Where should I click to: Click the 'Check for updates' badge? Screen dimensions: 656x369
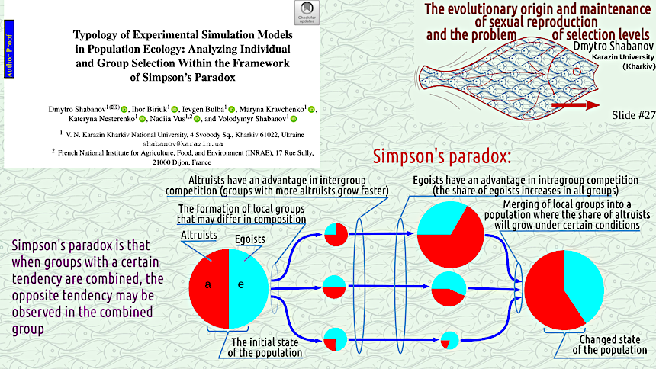click(307, 12)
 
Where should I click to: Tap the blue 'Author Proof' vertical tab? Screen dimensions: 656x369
click(9, 49)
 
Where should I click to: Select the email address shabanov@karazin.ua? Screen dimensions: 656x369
click(182, 143)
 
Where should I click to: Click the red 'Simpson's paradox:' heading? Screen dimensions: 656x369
click(442, 156)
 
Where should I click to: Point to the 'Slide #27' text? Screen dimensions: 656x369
click(633, 115)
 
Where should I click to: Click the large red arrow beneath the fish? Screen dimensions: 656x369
click(576, 105)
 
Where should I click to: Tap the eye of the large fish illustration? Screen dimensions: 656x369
click(577, 72)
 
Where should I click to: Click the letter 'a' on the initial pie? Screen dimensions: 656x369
click(208, 285)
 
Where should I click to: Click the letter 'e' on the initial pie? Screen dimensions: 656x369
click(240, 284)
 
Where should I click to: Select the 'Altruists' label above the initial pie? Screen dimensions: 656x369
click(199, 235)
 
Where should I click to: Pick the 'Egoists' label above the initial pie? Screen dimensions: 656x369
click(249, 239)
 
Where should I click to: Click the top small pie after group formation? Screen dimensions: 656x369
click(336, 234)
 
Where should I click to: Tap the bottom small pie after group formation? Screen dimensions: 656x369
click(336, 339)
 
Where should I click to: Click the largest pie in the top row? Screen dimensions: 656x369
click(451, 234)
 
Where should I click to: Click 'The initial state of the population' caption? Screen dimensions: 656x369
click(265, 347)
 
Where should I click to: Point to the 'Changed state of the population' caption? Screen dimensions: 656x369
click(609, 345)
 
